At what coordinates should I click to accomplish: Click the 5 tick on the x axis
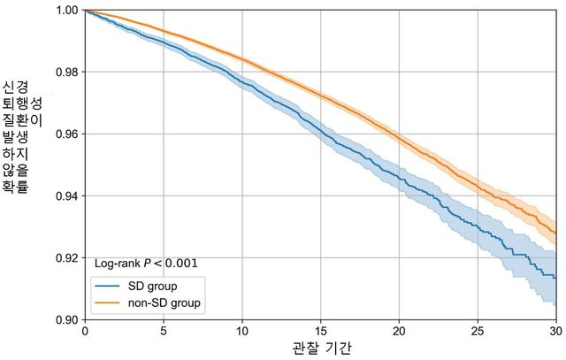[163, 331]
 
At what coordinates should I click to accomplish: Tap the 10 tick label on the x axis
[241, 331]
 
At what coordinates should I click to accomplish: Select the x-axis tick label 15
[320, 331]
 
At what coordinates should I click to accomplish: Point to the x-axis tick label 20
[399, 331]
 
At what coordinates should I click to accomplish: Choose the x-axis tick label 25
[478, 331]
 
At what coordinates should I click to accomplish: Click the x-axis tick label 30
[555, 331]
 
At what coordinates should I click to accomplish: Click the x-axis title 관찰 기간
[319, 349]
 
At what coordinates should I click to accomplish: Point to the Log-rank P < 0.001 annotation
[146, 263]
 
